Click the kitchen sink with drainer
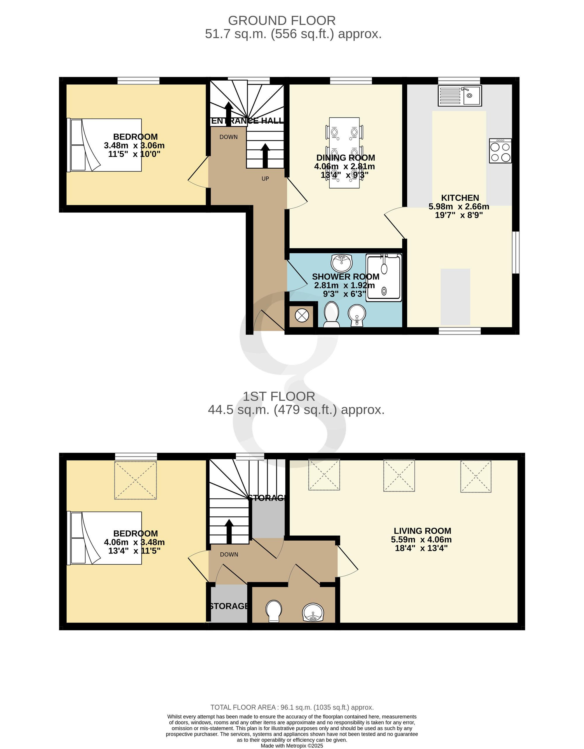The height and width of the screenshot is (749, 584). (x=460, y=96)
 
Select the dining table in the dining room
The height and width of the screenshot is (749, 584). (x=345, y=153)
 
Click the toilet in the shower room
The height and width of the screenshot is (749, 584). (x=331, y=314)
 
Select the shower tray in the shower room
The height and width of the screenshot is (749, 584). (x=384, y=278)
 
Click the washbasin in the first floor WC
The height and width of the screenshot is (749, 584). (x=313, y=613)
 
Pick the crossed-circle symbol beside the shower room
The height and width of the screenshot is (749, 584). (x=302, y=315)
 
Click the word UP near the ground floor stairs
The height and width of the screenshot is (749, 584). (x=265, y=179)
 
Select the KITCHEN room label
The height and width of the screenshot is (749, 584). (x=460, y=198)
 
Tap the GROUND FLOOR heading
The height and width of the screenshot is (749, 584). (x=282, y=20)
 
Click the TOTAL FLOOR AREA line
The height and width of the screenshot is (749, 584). (x=292, y=707)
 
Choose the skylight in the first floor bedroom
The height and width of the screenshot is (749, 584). (x=135, y=480)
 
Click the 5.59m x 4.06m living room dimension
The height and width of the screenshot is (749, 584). (x=421, y=539)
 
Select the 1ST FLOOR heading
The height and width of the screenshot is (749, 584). (x=279, y=397)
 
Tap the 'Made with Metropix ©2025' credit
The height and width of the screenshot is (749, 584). (x=292, y=745)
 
